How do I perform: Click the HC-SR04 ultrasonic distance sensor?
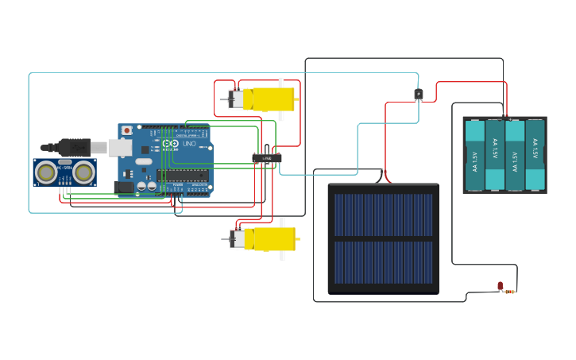64,172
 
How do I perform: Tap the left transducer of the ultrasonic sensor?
47,172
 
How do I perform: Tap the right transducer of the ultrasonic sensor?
83,172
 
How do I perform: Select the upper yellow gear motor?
266,99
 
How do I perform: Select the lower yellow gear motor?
267,238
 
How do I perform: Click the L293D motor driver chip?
267,158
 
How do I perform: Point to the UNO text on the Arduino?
189,144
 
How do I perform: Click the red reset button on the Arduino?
126,130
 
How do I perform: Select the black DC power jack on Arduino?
124,188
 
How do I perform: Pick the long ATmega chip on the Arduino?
182,175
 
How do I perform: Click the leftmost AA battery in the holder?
474,155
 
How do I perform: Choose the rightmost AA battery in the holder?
535,155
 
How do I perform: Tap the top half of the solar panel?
383,215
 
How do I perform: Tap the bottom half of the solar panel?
383,262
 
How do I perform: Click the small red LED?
500,285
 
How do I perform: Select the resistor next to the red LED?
510,292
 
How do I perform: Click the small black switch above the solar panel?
419,95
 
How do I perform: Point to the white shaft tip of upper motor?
223,99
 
